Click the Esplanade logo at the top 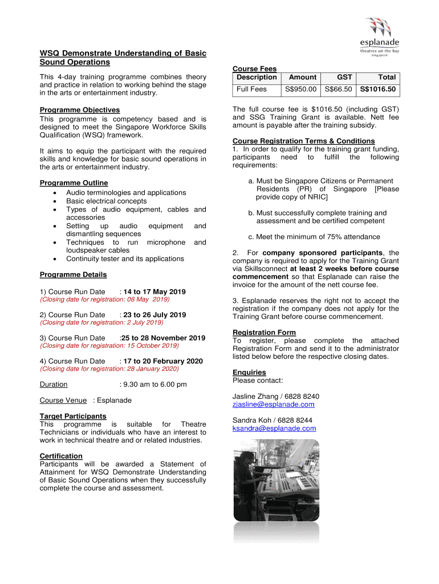[x=379, y=36]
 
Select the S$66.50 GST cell [x=338, y=90]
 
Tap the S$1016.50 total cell [x=377, y=90]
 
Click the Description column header [x=257, y=77]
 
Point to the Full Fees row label [x=251, y=90]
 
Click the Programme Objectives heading [x=79, y=110]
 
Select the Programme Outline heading [x=74, y=183]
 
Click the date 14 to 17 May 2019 [x=155, y=292]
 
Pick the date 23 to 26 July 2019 [x=155, y=315]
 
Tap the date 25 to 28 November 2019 [x=164, y=338]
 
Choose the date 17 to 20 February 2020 [x=162, y=361]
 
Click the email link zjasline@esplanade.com [x=273, y=405]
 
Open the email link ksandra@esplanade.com [x=274, y=428]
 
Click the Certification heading [x=61, y=456]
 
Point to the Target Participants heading [x=73, y=416]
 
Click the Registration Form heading [x=264, y=332]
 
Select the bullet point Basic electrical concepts [x=106, y=201]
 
